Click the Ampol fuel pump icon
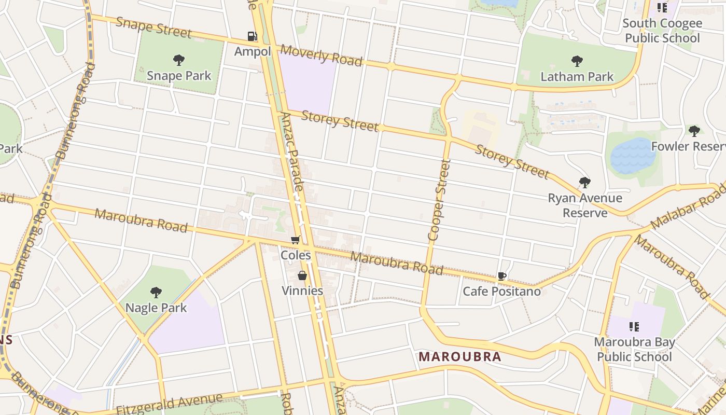252,36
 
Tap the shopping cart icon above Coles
295,240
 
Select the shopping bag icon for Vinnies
302,275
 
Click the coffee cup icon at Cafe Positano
501,276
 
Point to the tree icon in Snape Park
179,60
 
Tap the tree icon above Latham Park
577,61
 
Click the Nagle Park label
156,308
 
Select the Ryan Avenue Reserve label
585,205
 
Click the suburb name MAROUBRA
460,357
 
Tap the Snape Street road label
153,27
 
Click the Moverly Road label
321,56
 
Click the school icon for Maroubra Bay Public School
634,326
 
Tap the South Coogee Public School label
662,31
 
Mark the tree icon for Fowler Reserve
694,131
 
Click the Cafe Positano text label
501,292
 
